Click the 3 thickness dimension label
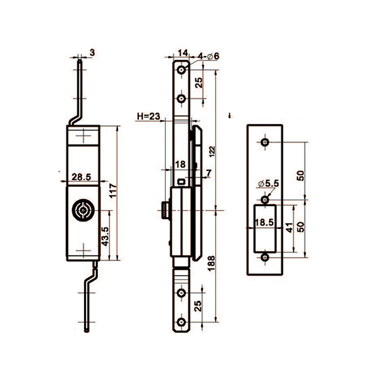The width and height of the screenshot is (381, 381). (92, 52)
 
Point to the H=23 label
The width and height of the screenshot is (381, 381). (149, 117)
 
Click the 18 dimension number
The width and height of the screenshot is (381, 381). (180, 164)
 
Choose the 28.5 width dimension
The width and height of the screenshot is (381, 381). (81, 177)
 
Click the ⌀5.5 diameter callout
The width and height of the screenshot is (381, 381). (267, 182)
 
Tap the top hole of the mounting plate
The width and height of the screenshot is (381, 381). (264, 143)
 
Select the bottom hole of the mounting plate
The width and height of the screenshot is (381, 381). (264, 258)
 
